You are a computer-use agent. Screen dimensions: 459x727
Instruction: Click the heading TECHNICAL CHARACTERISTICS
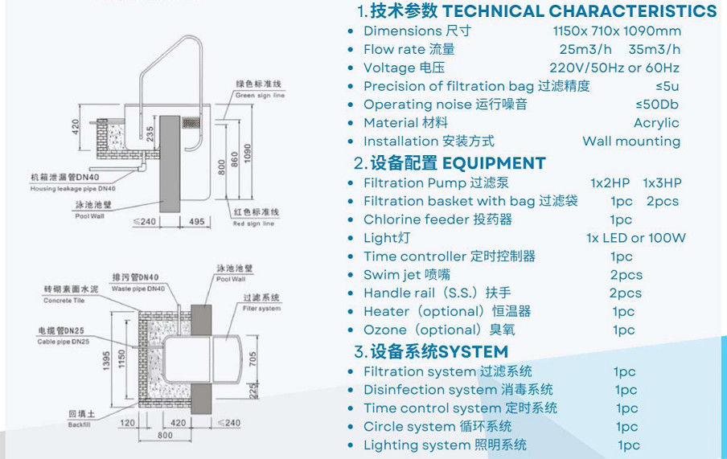click(579, 11)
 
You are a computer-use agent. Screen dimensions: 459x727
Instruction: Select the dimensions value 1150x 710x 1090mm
click(617, 31)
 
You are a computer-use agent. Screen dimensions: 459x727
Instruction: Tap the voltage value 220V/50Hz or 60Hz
click(614, 68)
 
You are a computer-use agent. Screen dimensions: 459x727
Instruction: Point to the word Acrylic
click(656, 123)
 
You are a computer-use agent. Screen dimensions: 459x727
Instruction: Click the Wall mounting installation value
click(631, 141)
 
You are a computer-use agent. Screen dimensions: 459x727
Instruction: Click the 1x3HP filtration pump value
click(662, 183)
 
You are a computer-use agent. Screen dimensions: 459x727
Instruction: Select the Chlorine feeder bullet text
click(437, 219)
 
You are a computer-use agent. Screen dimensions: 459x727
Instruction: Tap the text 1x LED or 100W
click(636, 238)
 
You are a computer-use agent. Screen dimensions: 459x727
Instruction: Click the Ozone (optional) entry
click(439, 330)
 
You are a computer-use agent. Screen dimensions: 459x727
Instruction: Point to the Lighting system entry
click(445, 445)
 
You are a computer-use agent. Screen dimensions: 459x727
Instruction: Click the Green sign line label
click(259, 95)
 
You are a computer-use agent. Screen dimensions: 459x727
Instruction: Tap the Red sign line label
click(254, 223)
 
